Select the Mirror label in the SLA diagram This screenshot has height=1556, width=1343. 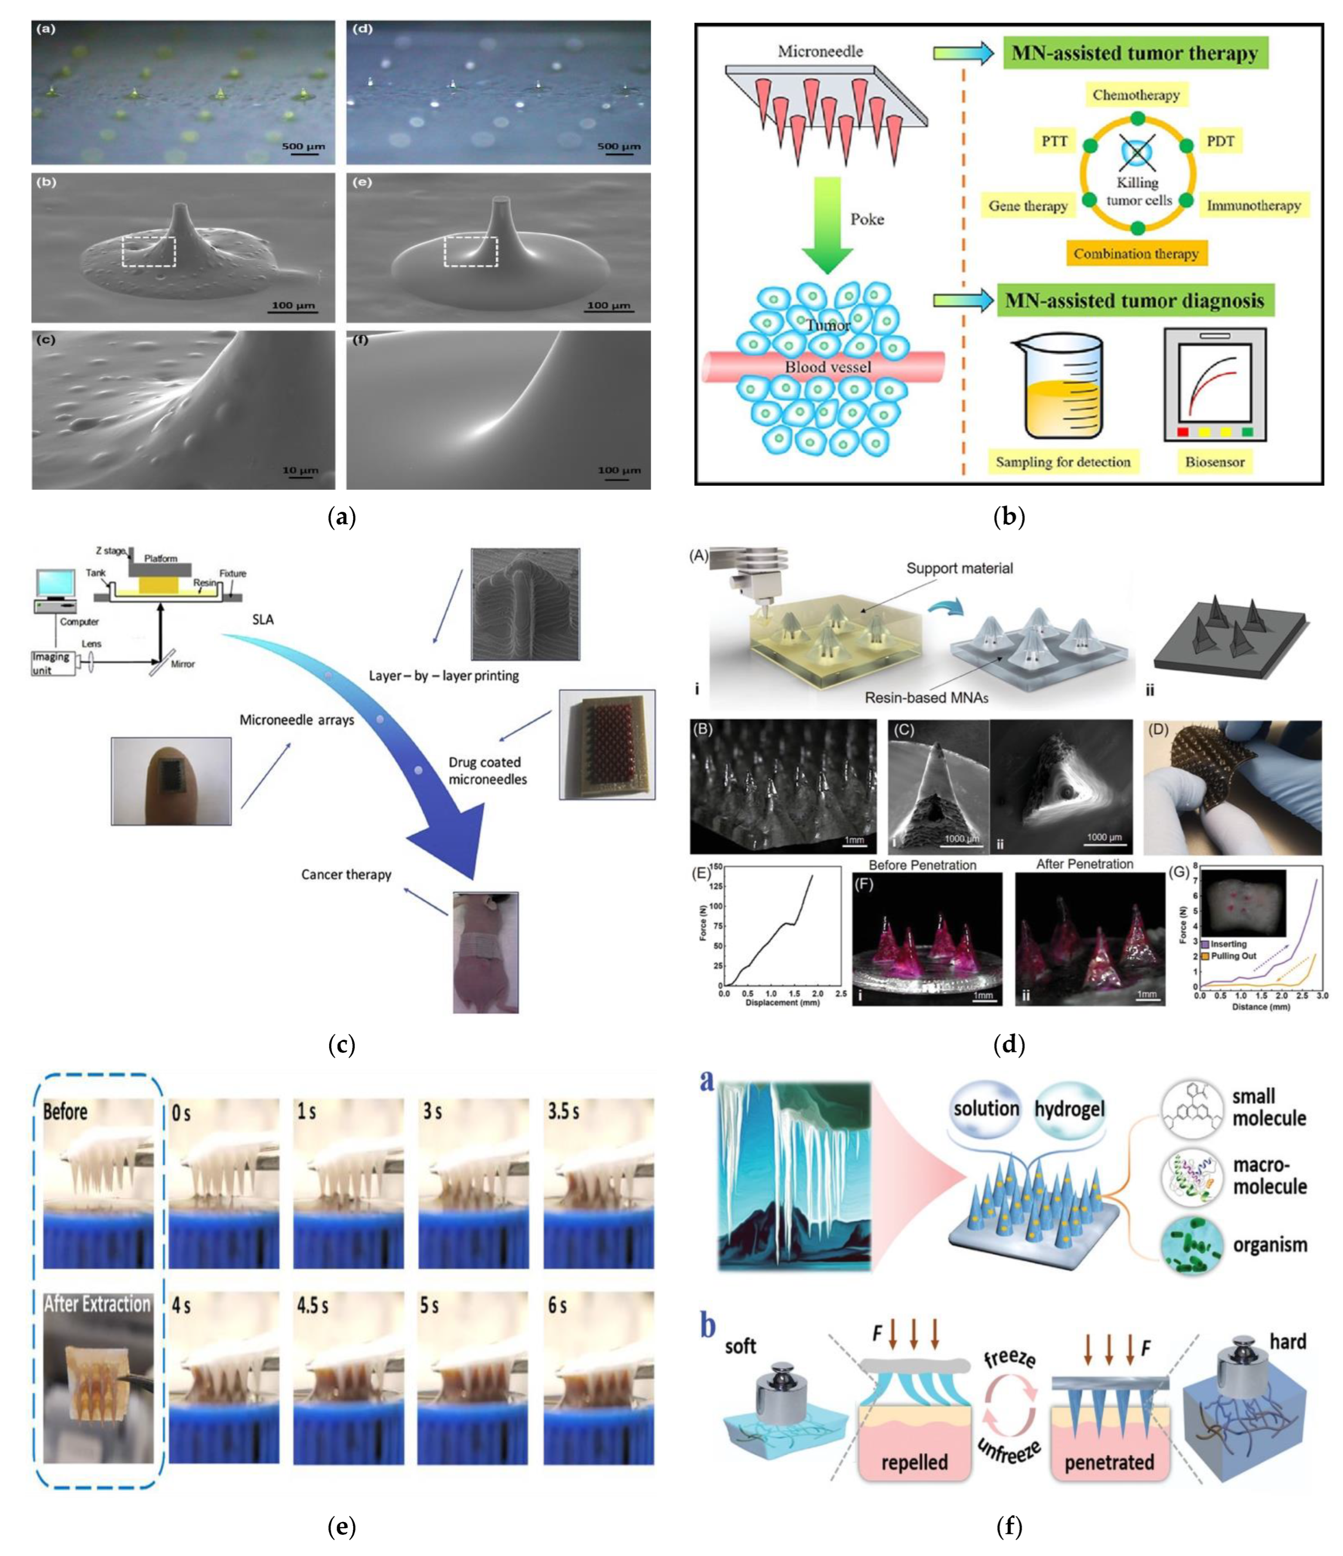coord(183,664)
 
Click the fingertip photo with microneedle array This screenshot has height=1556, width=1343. coord(171,781)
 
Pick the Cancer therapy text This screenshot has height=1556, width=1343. coord(346,874)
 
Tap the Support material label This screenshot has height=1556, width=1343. coord(959,568)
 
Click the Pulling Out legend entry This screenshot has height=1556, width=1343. coord(1232,956)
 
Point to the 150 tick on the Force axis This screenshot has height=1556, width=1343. coord(715,867)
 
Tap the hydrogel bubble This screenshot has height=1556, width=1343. coord(1069,1109)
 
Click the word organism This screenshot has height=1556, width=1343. coord(1270,1245)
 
